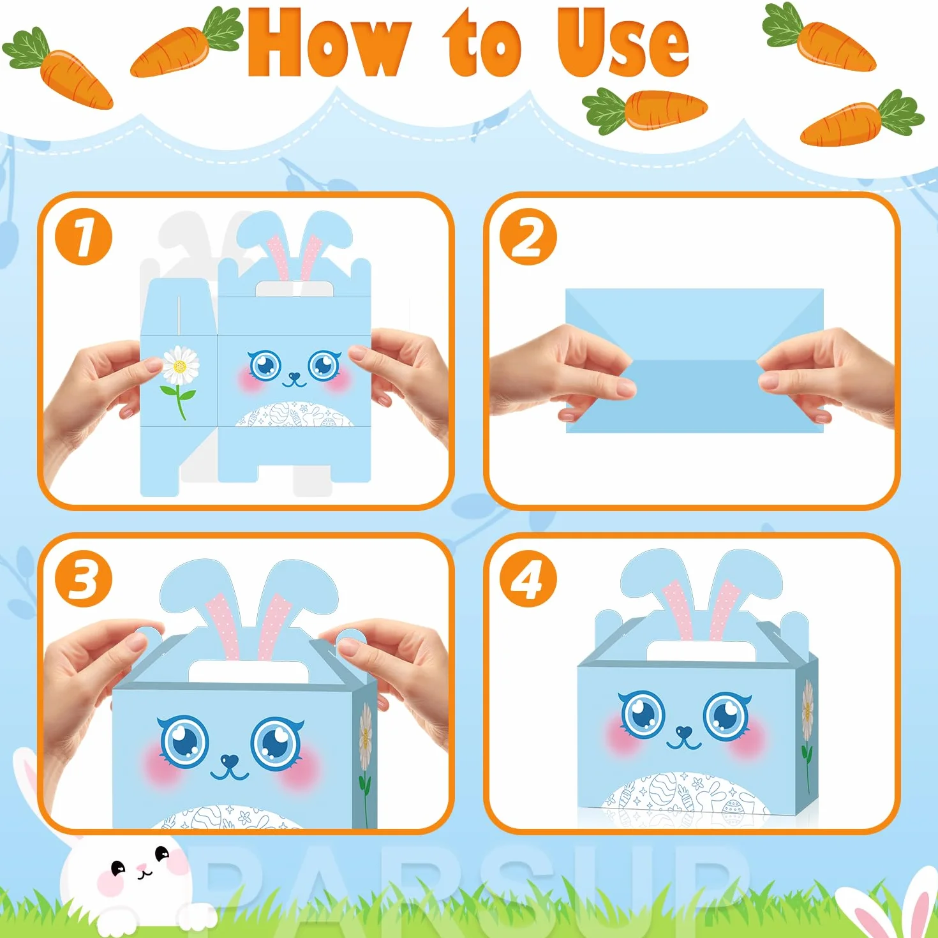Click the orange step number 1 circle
tap(84, 237)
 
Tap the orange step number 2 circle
tap(528, 237)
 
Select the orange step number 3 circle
tap(84, 579)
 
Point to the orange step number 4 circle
tap(528, 579)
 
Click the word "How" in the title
tap(327, 44)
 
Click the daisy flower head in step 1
tap(181, 365)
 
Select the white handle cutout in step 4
tap(700, 651)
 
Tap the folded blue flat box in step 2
tap(695, 361)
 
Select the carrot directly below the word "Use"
tap(644, 110)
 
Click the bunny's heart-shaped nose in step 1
tap(294, 376)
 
